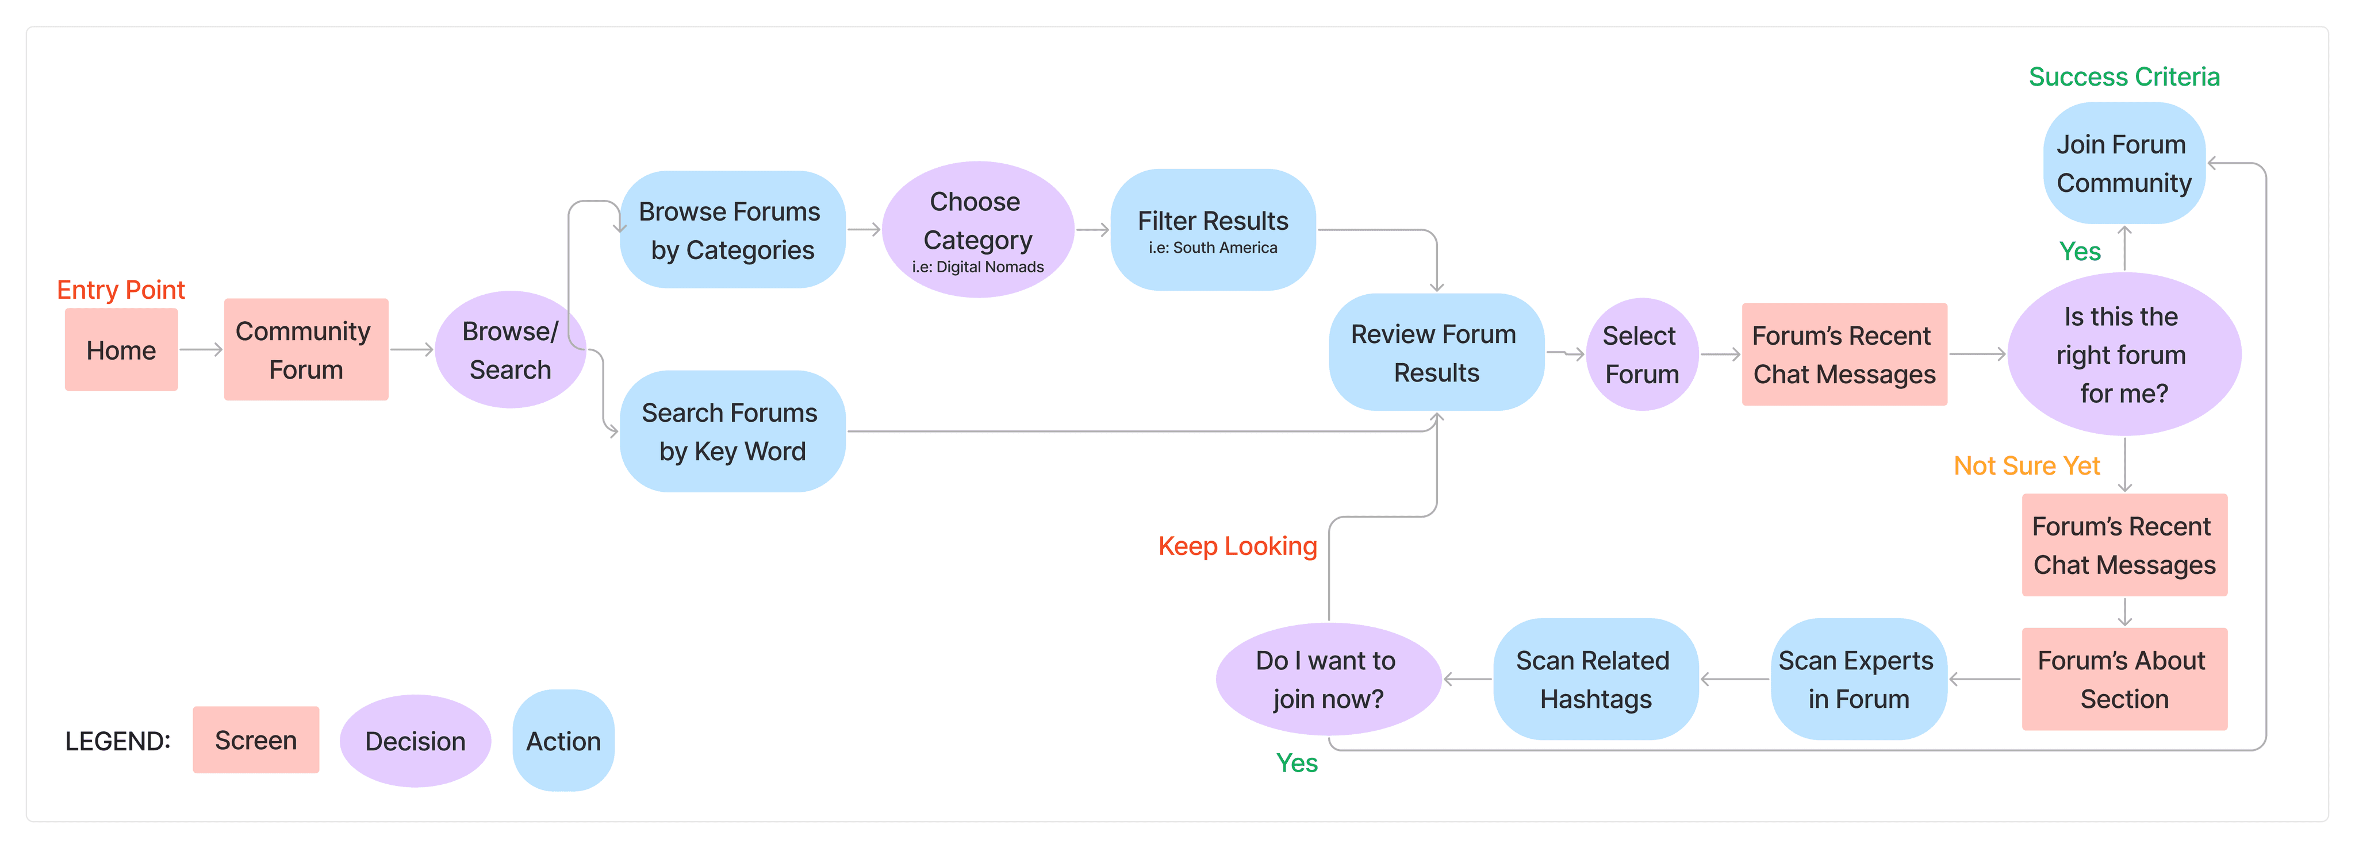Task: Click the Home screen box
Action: tap(121, 349)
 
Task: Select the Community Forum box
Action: tap(306, 349)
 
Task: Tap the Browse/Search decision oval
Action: tap(510, 349)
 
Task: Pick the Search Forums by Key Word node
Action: tap(732, 431)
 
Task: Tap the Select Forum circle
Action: tap(1642, 354)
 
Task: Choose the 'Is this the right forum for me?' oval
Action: tap(2124, 354)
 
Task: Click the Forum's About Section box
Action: tap(2124, 679)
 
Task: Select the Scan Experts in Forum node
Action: tap(1858, 679)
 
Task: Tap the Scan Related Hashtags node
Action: tap(1595, 679)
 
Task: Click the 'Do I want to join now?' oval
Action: tap(1328, 679)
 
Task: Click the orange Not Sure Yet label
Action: tap(2027, 466)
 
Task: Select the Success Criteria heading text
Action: tap(2124, 77)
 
